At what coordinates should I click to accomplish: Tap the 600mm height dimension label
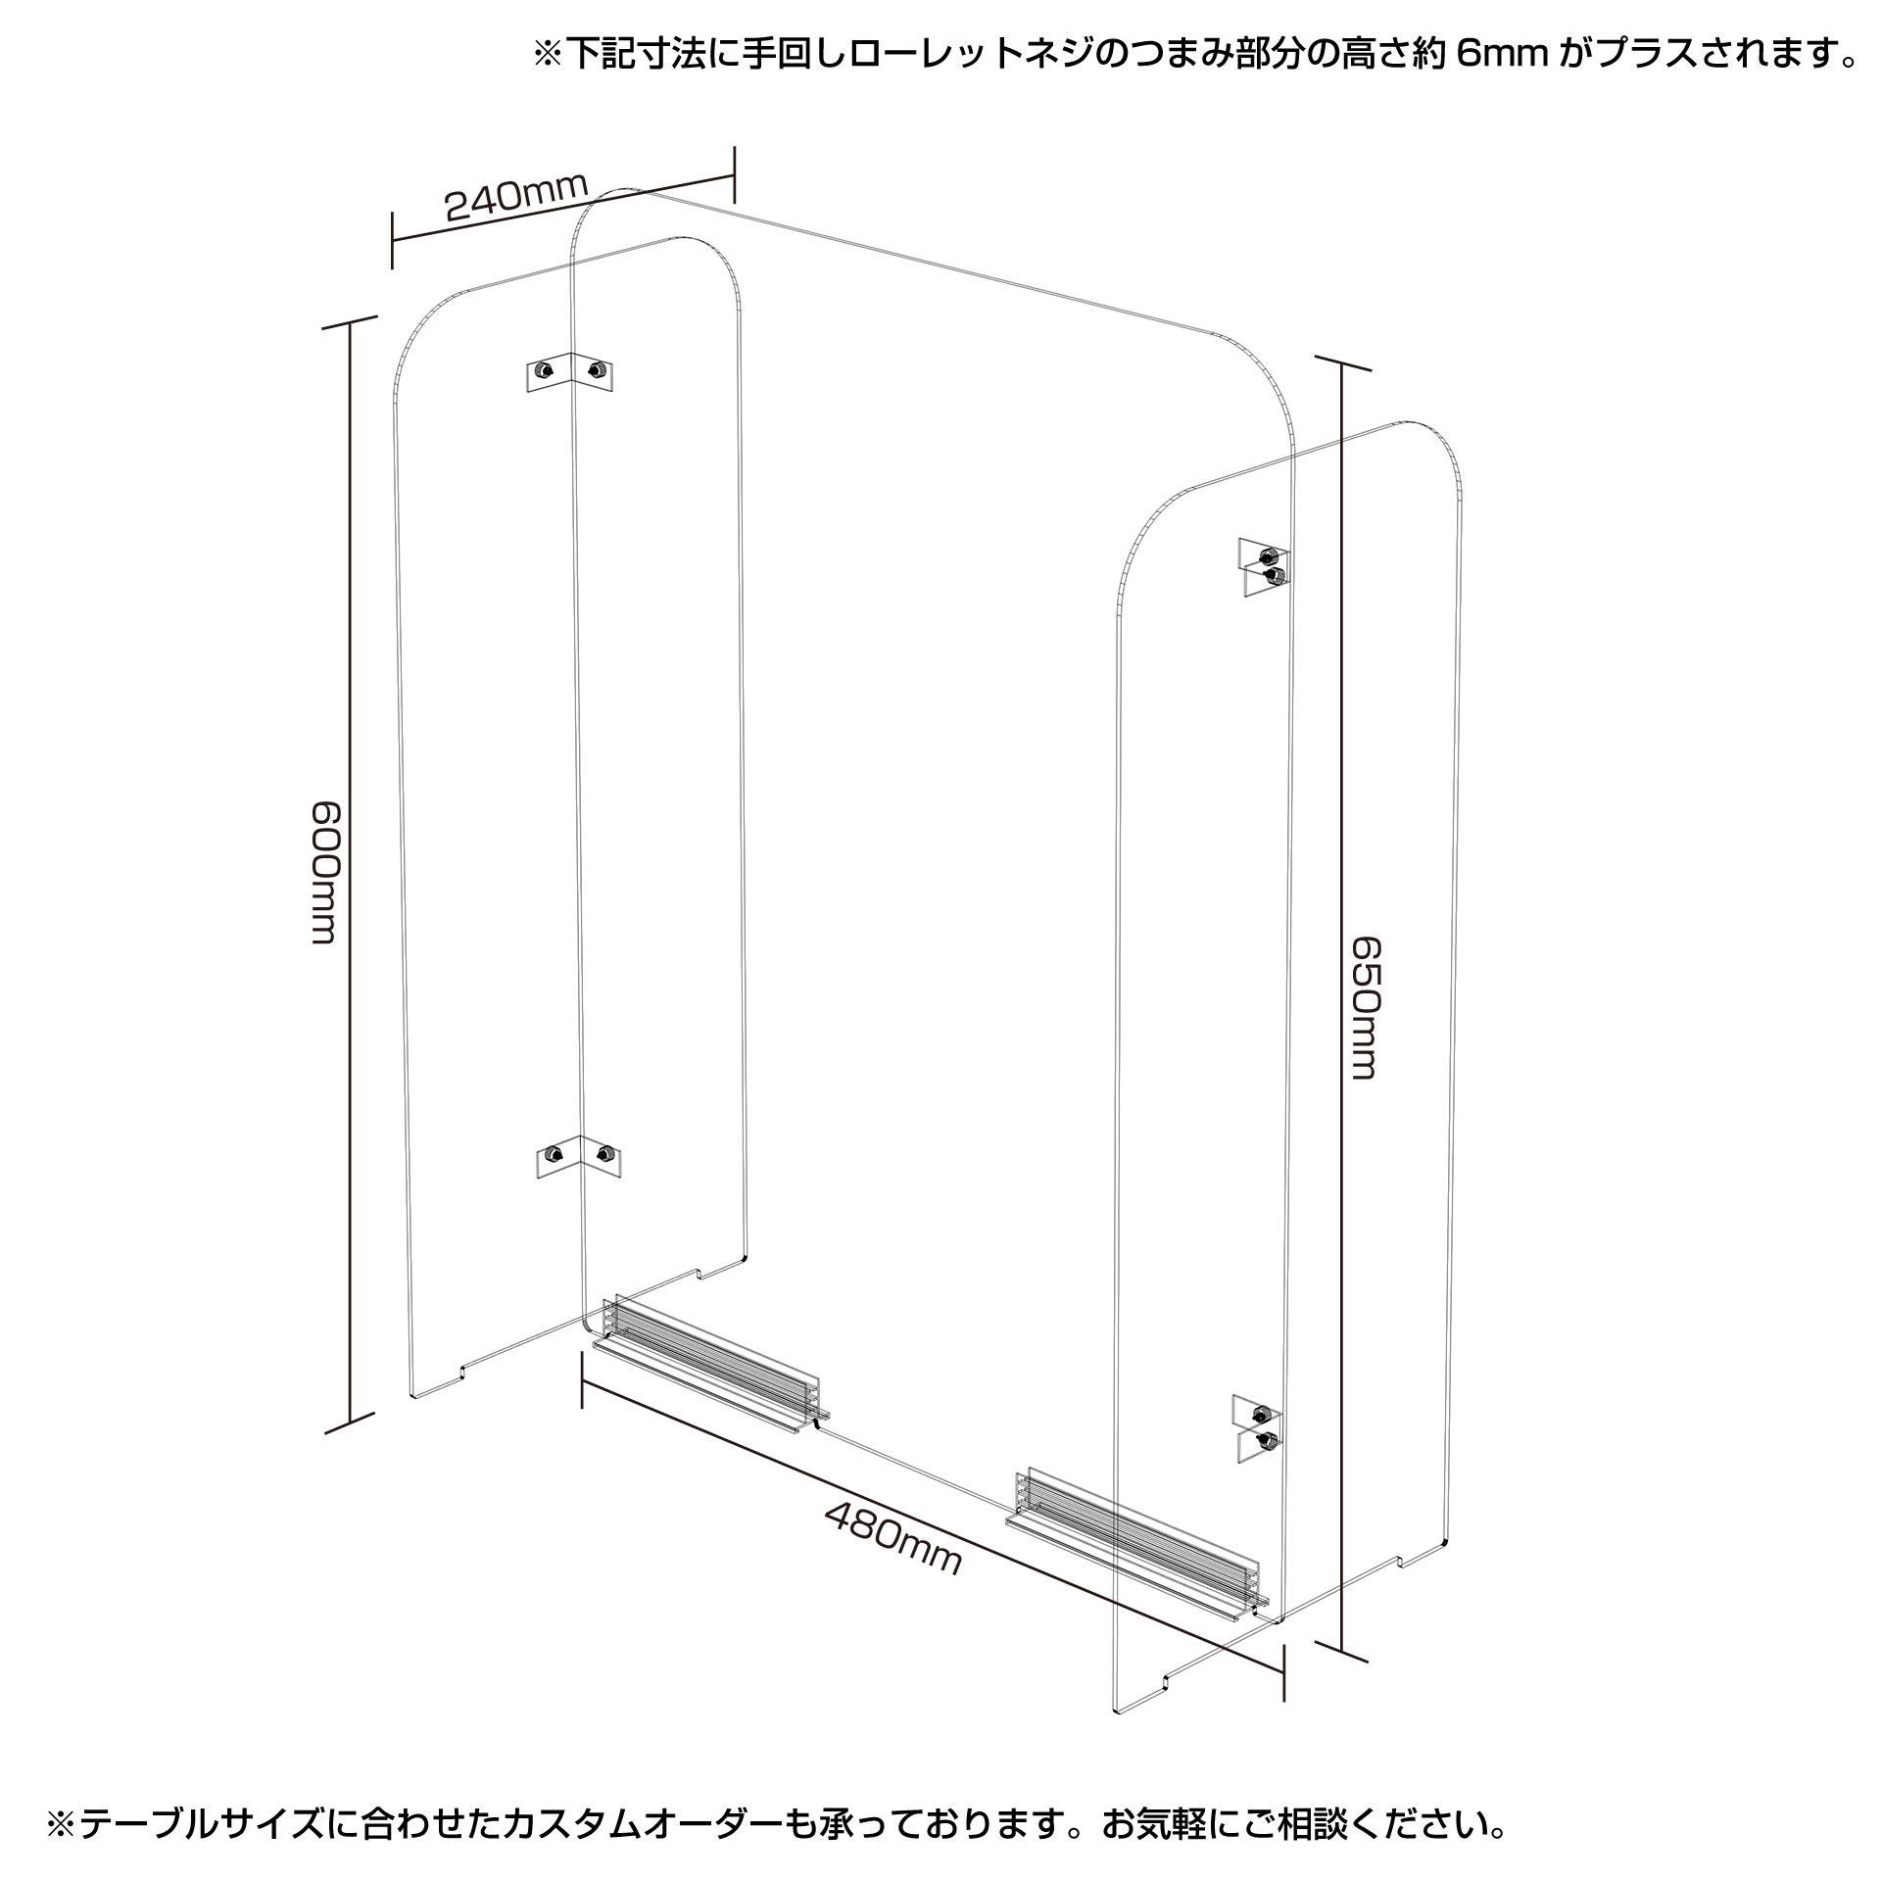point(324,873)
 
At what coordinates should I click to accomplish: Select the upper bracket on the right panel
point(1265,566)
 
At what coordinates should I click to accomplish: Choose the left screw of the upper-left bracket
point(543,370)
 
